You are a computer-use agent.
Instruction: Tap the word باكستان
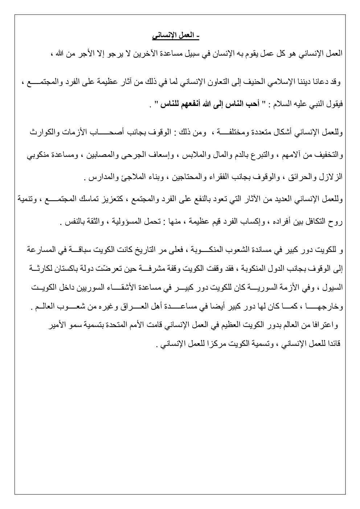coord(62,269)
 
